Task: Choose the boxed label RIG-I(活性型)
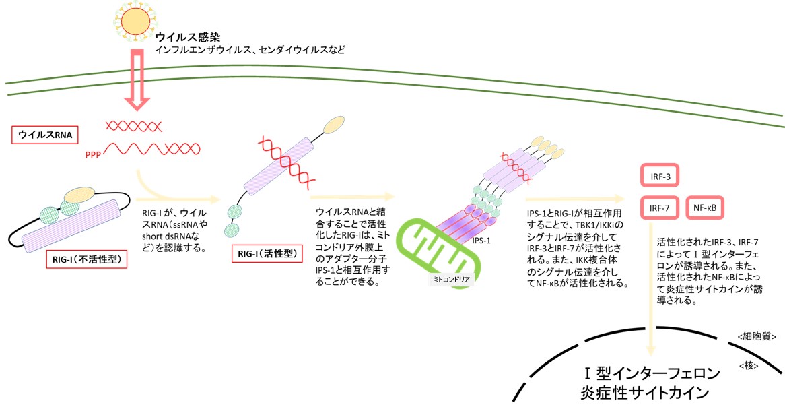tap(265, 255)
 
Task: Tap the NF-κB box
tap(704, 208)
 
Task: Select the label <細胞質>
tap(758, 335)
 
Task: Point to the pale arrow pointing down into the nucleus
tap(650, 331)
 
